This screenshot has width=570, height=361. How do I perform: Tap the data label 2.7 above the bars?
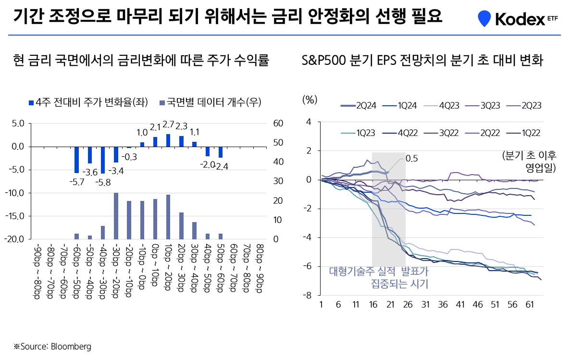pyautogui.click(x=168, y=124)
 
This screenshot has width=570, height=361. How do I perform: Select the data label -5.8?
pyautogui.click(x=102, y=182)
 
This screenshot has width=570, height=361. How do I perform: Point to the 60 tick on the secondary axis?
pyautogui.click(x=279, y=124)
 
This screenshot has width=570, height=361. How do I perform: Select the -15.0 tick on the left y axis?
pyautogui.click(x=15, y=216)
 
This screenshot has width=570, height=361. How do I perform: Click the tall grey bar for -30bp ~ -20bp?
pyautogui.click(x=116, y=216)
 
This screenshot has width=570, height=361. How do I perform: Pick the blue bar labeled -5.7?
pyautogui.click(x=76, y=160)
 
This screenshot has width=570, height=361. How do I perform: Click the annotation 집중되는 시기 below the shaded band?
pyautogui.click(x=399, y=284)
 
